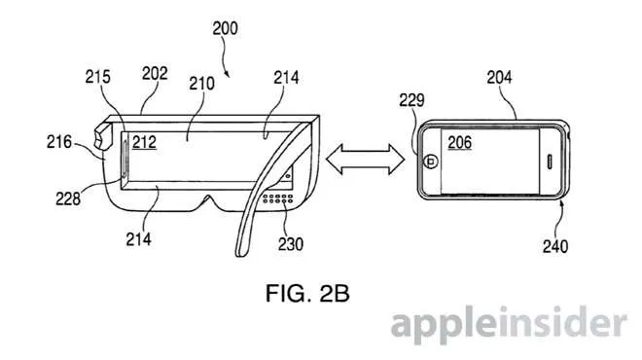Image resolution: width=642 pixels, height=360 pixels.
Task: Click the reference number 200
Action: (225, 28)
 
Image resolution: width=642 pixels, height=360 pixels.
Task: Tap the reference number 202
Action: (155, 74)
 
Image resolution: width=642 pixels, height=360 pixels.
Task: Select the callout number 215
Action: (98, 77)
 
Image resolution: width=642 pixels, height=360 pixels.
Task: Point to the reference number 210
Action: (201, 84)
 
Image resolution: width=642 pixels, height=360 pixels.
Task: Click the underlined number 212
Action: (144, 142)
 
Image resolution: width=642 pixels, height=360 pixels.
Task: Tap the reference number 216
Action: (59, 142)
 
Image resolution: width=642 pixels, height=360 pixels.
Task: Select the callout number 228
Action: (68, 198)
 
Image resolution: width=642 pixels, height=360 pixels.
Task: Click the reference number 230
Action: (291, 244)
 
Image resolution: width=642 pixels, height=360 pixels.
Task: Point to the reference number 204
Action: (499, 77)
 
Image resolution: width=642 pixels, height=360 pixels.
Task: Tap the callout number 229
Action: (411, 100)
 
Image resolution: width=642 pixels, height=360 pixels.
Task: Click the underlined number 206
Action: (459, 143)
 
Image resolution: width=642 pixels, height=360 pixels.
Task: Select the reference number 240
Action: (555, 246)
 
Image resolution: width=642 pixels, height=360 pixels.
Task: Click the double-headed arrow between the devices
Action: (365, 160)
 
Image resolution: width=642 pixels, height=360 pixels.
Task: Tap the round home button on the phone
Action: (430, 162)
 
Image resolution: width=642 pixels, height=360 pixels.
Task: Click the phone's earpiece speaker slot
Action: (550, 162)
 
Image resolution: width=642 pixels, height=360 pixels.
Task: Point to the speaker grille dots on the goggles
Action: (278, 198)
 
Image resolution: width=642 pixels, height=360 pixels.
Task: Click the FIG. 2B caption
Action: (307, 293)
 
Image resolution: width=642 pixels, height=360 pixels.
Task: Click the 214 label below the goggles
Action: (138, 239)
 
